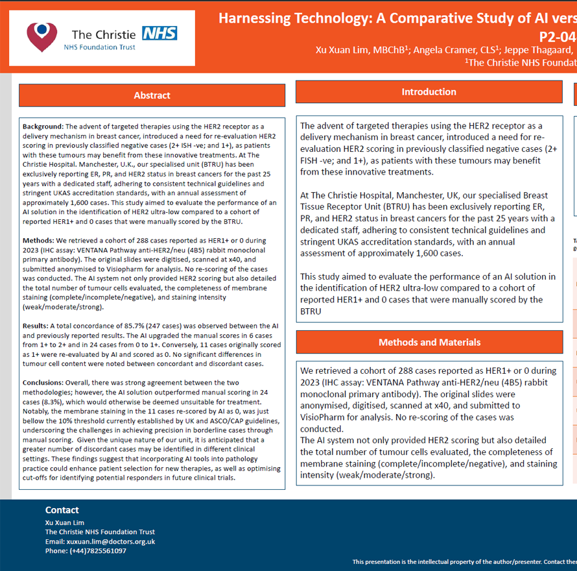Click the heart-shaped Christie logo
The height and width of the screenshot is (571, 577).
coord(42,37)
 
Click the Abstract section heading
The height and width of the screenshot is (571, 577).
coord(152,95)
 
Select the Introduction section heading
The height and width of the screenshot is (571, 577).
coord(429,92)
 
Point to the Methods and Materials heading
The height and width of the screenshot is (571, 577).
coord(429,342)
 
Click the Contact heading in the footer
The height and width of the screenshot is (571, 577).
coord(62,510)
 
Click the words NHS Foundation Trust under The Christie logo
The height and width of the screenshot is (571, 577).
coord(100,47)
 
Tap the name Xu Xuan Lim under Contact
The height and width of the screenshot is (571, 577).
coord(65,523)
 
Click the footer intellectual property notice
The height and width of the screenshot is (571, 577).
coord(464,562)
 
